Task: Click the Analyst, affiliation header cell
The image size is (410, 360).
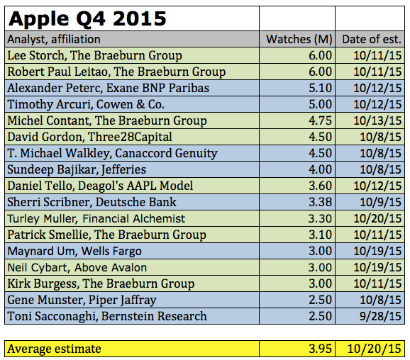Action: click(x=54, y=40)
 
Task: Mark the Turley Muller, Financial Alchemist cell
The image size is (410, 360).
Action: click(x=96, y=218)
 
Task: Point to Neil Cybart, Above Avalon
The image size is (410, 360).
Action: click(x=77, y=267)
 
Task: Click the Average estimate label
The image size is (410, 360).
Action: click(x=54, y=348)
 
